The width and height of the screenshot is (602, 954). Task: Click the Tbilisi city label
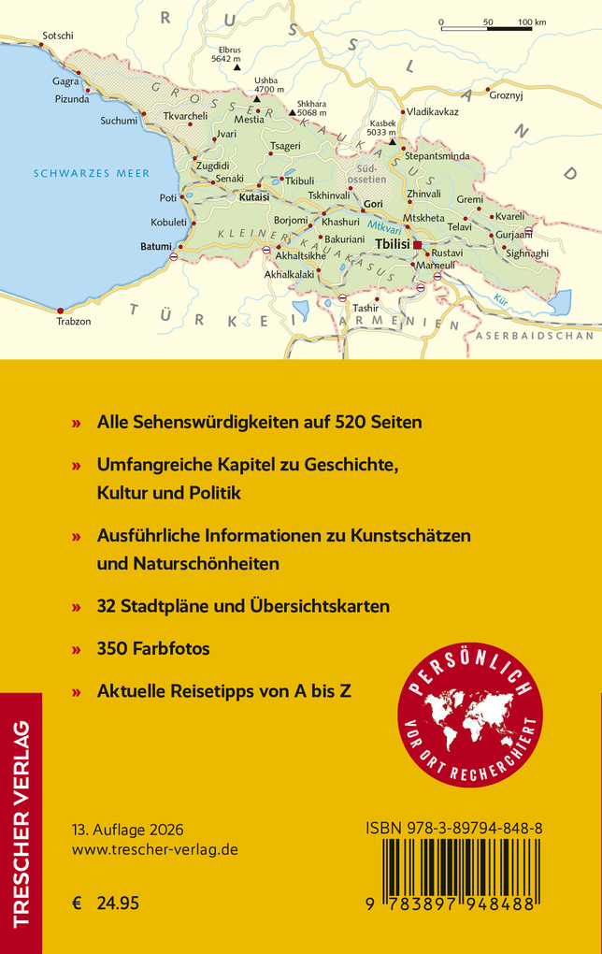(x=392, y=244)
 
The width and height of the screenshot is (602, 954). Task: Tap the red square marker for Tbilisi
(x=418, y=245)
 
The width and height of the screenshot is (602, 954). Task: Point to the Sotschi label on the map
(x=58, y=36)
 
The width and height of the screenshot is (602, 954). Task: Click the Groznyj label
(x=508, y=95)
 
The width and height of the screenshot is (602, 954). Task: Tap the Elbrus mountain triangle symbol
(x=237, y=67)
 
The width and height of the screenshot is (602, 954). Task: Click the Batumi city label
(x=155, y=246)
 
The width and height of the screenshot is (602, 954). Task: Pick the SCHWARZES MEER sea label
(x=85, y=173)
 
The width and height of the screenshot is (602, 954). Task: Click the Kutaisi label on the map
(x=254, y=198)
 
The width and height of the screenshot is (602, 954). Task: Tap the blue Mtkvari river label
(x=383, y=226)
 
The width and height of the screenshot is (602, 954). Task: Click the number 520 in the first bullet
(x=334, y=423)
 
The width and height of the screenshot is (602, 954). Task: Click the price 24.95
(x=119, y=903)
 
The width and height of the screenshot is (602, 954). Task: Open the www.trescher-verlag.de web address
(x=155, y=850)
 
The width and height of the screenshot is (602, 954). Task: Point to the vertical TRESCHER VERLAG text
(x=21, y=822)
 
